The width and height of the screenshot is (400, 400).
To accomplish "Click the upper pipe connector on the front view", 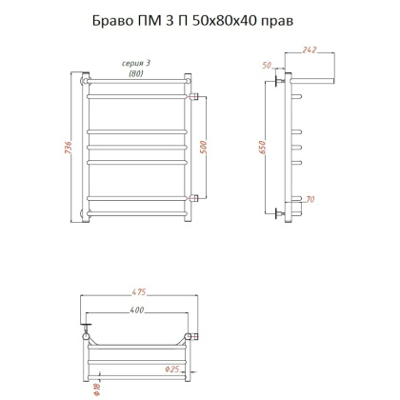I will (194, 97).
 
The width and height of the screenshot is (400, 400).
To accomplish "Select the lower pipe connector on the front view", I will (194, 198).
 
